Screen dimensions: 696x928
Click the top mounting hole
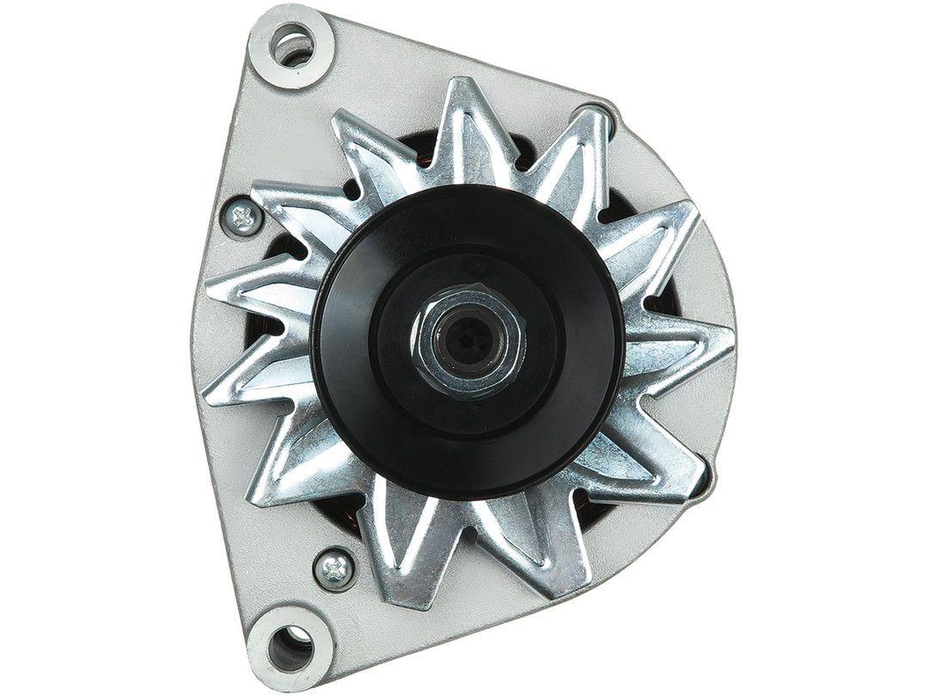pos(292,46)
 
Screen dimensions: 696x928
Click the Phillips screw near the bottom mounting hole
pos(334,567)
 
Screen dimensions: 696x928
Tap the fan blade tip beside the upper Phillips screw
pos(258,193)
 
